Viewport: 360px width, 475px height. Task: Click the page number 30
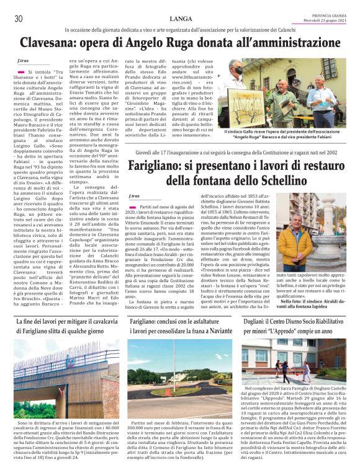click(18, 19)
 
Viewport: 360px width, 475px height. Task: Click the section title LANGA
click(180, 19)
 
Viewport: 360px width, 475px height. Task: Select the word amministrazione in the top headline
click(284, 44)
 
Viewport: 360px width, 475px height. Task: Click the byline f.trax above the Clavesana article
click(23, 61)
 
